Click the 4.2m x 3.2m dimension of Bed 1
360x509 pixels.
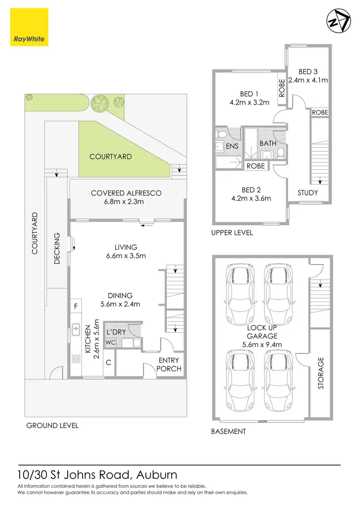tap(250, 102)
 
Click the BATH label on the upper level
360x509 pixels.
tap(268, 143)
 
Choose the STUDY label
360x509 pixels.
tap(308, 193)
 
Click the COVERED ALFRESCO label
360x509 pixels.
tap(126, 193)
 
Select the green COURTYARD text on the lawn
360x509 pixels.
tap(110, 157)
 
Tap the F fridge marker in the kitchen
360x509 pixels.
tap(75, 306)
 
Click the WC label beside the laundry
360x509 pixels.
tap(110, 343)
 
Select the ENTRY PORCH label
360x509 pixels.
tap(169, 364)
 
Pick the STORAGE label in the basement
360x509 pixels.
tap(321, 373)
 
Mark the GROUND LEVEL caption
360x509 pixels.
tap(52, 425)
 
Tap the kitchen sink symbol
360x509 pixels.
tap(76, 329)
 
